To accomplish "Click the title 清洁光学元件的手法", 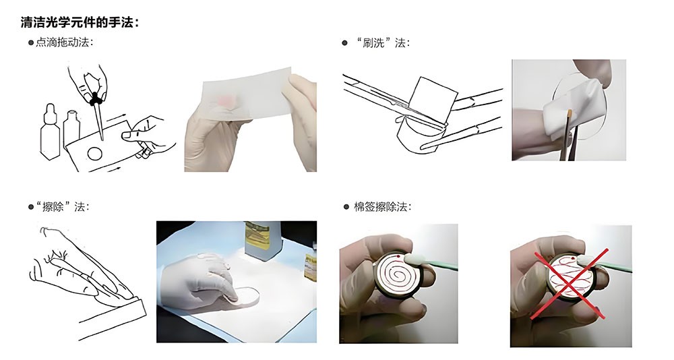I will pyautogui.click(x=80, y=23).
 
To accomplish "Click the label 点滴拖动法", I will pyautogui.click(x=65, y=43).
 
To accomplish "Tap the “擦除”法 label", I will pyautogui.click(x=62, y=206).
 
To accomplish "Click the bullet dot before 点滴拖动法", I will pyautogui.click(x=31, y=43).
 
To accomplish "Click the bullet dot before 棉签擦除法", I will pyautogui.click(x=345, y=206).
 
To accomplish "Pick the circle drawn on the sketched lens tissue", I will pyautogui.click(x=96, y=153).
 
